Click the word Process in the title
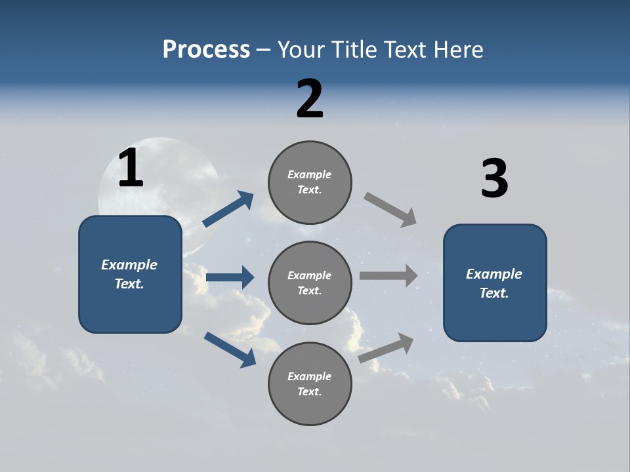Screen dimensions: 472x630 (206, 50)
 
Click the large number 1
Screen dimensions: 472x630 (131, 168)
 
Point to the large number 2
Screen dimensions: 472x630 (310, 99)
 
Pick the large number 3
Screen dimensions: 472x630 (494, 179)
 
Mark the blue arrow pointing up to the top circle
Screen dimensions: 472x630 (228, 209)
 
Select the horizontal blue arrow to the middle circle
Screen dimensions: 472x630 (230, 277)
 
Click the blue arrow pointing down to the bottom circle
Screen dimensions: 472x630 (230, 349)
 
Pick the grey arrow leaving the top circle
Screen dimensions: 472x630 (390, 209)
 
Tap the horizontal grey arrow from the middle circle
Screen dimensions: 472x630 (388, 275)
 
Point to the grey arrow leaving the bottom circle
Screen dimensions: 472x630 (387, 347)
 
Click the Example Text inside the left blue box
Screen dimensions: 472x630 (129, 274)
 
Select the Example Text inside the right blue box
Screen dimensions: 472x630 (494, 283)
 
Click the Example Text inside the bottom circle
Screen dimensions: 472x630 (310, 383)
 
